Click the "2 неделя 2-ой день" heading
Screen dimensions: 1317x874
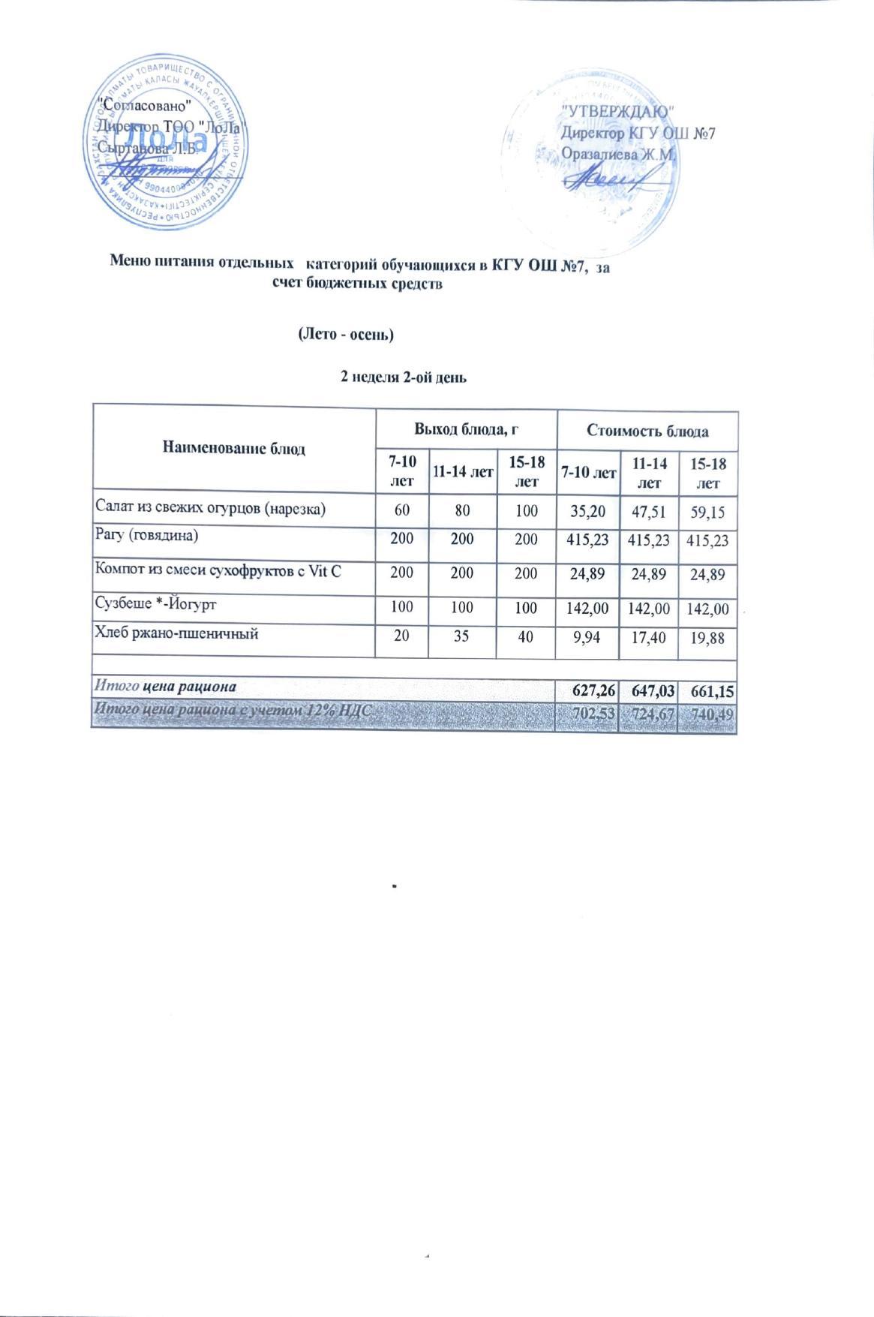coord(404,377)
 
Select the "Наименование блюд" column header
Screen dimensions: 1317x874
coord(233,449)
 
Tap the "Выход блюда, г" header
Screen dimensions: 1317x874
coord(467,431)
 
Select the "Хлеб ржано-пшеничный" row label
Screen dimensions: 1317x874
coord(176,633)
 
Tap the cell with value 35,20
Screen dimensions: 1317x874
coord(587,512)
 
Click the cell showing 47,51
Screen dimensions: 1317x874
coord(648,512)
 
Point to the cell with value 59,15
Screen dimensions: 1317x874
coord(708,513)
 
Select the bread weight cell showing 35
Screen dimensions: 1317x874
coord(461,636)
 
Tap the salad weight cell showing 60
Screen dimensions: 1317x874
coord(402,512)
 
